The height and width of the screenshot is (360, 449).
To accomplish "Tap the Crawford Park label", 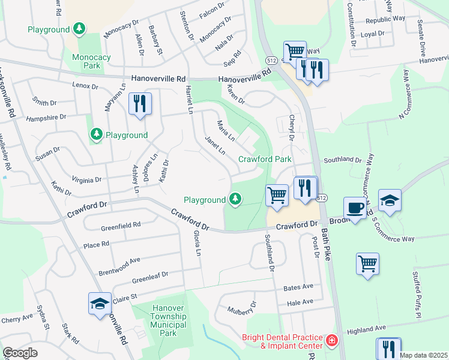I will [x=265, y=159].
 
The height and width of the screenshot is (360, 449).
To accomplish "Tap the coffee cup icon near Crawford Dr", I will [x=355, y=208].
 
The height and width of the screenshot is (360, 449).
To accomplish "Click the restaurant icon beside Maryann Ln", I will [x=139, y=103].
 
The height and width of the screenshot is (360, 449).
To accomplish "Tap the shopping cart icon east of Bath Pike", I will [x=367, y=263].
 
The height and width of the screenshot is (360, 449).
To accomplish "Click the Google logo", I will [x=20, y=353].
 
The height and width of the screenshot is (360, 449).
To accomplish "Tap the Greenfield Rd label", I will [x=121, y=225].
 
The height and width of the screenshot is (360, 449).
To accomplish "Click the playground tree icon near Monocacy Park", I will [x=79, y=29].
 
